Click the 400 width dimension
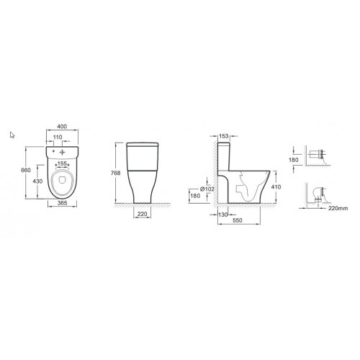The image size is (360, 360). coord(62,126)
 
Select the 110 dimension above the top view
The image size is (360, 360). coord(58,137)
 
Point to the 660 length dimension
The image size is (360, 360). coord(26,170)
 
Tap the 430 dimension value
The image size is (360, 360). coord(37,181)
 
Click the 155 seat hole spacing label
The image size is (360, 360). coord(62,163)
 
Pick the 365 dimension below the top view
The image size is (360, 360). coord(63,203)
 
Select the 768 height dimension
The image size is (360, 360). coord(116,173)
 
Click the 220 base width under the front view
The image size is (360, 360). coord(143,214)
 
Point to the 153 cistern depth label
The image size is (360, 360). coord(224,136)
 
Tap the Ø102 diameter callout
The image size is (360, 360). coord(207,189)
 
